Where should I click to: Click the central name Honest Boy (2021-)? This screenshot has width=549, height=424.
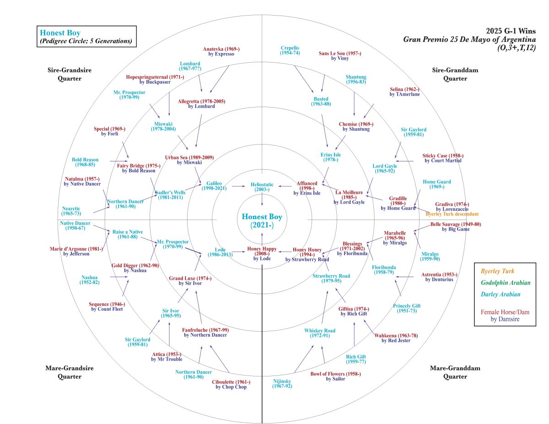pos(262,220)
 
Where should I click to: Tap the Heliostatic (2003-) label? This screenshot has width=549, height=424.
pos(262,187)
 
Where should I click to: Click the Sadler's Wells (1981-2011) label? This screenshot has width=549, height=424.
pos(170,195)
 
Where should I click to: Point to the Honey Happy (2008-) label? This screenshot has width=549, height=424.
pos(262,253)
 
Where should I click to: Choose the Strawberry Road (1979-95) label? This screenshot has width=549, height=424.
pos(331,278)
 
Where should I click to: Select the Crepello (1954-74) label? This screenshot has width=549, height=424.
pos(290,50)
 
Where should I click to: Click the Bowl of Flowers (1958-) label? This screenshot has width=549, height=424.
pos(335,376)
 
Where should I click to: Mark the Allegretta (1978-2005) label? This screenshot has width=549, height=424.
pos(202,103)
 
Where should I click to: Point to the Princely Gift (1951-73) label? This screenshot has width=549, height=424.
pos(407,308)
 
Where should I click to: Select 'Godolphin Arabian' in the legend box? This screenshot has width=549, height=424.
pos(505,282)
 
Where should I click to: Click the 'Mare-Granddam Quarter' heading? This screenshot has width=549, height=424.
pos(448,372)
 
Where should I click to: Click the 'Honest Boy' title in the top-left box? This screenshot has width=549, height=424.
pos(60,33)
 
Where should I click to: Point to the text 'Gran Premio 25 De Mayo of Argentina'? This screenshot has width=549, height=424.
pos(469,39)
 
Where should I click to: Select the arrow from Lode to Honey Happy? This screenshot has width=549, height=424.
pos(238,251)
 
